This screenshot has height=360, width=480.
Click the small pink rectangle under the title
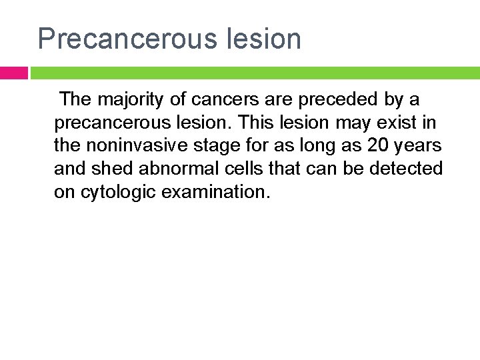point(13,73)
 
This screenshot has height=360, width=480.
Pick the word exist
point(402,123)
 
